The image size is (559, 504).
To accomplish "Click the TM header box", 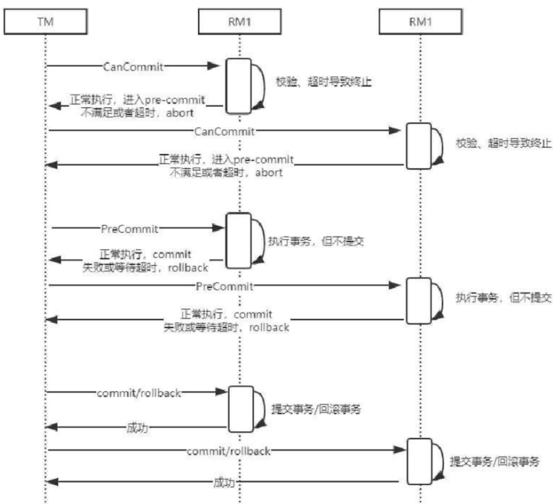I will [x=46, y=23].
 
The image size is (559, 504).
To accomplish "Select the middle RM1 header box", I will [x=238, y=23].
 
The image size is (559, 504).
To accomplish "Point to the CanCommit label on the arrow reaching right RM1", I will [x=225, y=131].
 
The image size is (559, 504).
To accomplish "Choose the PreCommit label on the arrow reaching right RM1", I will [x=224, y=285].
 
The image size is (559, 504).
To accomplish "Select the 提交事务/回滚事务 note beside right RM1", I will [x=494, y=463].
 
